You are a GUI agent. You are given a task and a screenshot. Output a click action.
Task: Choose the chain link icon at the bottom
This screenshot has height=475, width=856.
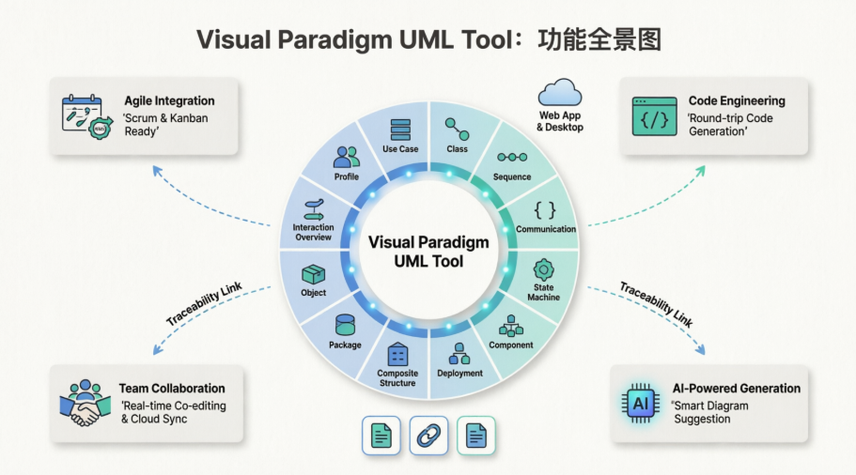click(428, 436)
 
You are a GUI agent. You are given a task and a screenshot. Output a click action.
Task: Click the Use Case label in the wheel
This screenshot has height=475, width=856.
click(400, 149)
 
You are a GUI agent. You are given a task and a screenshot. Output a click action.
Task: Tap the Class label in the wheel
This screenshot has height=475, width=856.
click(457, 149)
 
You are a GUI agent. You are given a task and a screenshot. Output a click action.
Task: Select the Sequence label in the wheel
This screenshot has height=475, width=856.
click(512, 176)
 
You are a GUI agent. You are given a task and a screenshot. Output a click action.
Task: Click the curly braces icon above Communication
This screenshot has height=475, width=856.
click(545, 209)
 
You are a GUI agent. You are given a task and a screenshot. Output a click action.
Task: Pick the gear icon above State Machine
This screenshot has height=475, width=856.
click(543, 268)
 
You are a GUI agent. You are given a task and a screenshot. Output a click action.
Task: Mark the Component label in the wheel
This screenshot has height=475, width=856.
click(511, 345)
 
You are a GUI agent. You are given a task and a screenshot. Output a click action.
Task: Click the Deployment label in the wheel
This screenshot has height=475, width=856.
click(459, 373)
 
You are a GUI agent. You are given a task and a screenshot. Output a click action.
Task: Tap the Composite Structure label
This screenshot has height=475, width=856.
click(397, 377)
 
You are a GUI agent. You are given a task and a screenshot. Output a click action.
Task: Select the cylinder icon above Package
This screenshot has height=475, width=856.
click(345, 325)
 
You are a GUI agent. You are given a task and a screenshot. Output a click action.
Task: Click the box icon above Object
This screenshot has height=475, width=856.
click(313, 274)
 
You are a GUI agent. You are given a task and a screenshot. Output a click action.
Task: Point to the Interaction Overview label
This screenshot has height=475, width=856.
click(313, 232)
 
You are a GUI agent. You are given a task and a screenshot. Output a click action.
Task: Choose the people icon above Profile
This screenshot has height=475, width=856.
click(346, 157)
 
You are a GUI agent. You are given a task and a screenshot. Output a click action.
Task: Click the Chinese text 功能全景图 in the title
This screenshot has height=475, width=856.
click(599, 39)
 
